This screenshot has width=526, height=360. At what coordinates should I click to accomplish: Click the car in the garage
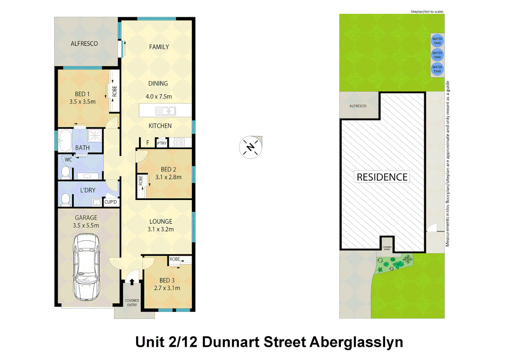[86, 267]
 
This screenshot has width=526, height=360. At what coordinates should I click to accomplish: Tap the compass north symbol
[250, 147]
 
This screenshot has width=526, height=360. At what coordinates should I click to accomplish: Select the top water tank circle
[437, 41]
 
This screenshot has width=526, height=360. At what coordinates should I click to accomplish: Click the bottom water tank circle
[437, 69]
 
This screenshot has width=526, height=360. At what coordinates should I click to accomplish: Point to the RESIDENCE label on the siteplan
[382, 177]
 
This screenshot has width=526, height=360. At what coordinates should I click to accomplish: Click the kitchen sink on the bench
[166, 111]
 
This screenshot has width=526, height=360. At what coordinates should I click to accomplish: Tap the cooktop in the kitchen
[179, 143]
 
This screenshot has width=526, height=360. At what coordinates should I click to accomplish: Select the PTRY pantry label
[162, 143]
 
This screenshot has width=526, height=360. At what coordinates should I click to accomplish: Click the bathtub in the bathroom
[65, 140]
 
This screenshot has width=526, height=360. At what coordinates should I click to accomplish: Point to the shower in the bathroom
[95, 136]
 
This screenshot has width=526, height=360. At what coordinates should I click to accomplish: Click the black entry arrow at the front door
[132, 282]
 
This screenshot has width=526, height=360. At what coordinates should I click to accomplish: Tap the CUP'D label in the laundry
[111, 202]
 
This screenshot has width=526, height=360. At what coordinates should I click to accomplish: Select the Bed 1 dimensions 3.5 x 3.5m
[82, 102]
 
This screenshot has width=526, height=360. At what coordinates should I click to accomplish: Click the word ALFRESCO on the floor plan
[84, 44]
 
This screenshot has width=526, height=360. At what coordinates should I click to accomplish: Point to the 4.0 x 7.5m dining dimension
[159, 97]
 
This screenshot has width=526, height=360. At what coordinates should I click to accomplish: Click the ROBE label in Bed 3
[175, 259]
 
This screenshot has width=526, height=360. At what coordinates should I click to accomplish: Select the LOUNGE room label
[161, 222]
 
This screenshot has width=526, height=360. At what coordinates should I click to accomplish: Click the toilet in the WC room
[66, 172]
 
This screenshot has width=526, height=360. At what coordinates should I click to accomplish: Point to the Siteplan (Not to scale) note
[427, 12]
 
